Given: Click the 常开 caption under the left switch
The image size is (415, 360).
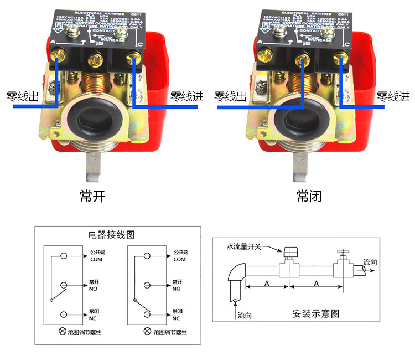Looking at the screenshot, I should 92,197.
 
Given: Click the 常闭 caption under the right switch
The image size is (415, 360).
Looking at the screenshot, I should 309,197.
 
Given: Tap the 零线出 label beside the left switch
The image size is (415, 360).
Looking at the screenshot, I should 23,97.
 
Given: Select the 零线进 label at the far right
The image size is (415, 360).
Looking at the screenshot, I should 393,96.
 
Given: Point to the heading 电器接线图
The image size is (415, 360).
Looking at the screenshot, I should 111,234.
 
